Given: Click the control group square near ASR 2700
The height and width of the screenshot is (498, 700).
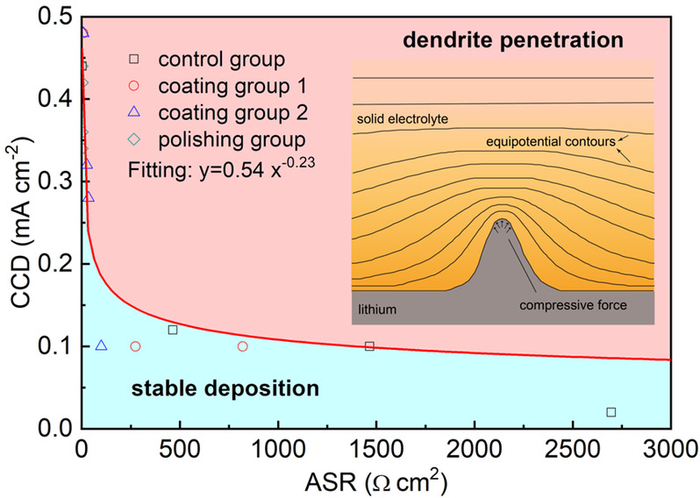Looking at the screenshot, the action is (611, 412).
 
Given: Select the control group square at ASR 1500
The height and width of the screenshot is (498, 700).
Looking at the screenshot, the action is (369, 346).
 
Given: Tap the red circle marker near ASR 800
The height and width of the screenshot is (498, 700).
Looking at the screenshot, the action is (242, 346).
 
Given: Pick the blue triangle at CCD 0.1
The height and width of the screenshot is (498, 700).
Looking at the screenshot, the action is (102, 345).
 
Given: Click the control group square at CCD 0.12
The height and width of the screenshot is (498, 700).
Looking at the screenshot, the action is (173, 330).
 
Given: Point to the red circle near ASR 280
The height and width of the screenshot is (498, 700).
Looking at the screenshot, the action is (136, 346).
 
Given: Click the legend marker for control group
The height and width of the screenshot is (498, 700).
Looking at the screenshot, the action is (134, 59).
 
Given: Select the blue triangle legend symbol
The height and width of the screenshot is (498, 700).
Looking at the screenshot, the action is (134, 112).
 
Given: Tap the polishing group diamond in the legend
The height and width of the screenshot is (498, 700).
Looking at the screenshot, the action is (134, 139).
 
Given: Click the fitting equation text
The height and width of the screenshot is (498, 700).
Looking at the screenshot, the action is (222, 168).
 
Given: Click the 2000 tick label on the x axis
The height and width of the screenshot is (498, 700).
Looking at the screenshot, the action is (475, 450).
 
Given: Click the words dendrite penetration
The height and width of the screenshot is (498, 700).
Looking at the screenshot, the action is (513, 40).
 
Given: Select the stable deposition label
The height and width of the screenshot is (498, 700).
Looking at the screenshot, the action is (225, 388).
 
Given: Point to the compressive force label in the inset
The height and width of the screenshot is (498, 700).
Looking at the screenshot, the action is (573, 305).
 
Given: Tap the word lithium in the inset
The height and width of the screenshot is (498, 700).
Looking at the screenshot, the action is (377, 309).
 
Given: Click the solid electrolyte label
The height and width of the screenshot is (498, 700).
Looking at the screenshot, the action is (403, 119).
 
